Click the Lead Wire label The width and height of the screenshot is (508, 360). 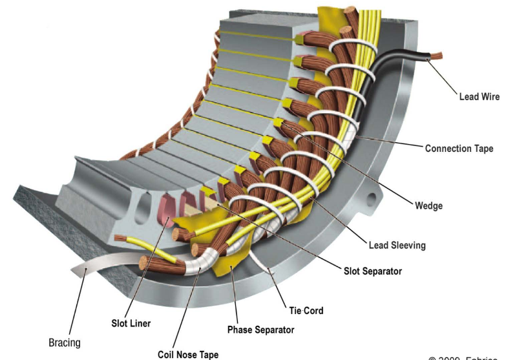(x=478, y=97)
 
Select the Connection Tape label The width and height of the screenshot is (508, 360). (x=459, y=149)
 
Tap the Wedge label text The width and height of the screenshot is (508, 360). (x=429, y=206)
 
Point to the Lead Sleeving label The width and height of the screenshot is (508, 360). (x=397, y=246)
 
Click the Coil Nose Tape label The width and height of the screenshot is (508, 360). (x=188, y=354)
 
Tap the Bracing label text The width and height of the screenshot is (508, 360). (x=65, y=342)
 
